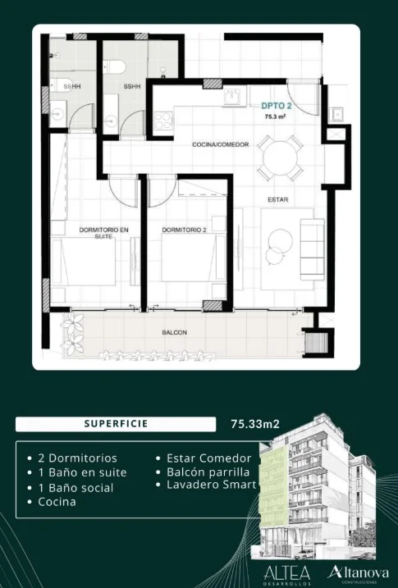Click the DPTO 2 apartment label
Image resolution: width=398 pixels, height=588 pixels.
277,106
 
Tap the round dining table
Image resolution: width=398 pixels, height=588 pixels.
280,157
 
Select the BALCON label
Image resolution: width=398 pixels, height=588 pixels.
175,332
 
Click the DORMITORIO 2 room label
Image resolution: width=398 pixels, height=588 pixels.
184,230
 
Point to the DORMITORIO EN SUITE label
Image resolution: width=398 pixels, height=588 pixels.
104,233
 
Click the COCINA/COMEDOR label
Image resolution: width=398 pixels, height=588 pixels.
221,144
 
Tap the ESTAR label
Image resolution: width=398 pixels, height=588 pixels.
278,199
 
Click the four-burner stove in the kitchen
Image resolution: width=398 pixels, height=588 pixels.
163,121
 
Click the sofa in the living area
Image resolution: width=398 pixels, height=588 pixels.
312,249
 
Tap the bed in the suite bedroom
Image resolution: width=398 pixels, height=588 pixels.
83,261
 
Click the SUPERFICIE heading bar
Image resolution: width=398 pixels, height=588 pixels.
116,424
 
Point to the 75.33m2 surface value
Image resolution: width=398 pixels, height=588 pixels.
255,424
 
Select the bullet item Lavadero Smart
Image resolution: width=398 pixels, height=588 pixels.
206,485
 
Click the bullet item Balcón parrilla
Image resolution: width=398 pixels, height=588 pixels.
203,472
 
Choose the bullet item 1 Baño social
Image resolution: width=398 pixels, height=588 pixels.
70,488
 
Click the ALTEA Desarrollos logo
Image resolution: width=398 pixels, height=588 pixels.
287,575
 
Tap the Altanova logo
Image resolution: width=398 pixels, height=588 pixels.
359,573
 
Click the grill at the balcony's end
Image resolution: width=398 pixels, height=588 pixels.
318,342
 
